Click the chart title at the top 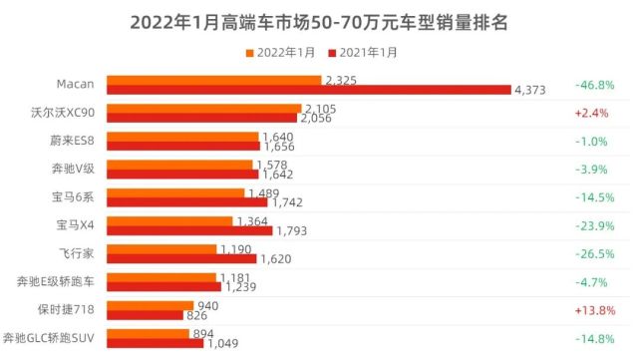tap(319, 21)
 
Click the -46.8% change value tap(592, 85)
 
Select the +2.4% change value tap(592, 113)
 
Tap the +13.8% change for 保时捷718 tap(592, 309)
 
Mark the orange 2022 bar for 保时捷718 tap(150, 304)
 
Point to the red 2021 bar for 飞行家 tap(181, 259)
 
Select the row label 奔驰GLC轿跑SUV tap(51, 337)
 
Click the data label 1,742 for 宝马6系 tap(288, 203)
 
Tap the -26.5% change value tap(592, 253)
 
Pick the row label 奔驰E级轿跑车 tap(55, 281)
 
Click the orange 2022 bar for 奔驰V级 tap(180, 164)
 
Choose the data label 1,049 tap(224, 344)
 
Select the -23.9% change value tap(592, 225)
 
